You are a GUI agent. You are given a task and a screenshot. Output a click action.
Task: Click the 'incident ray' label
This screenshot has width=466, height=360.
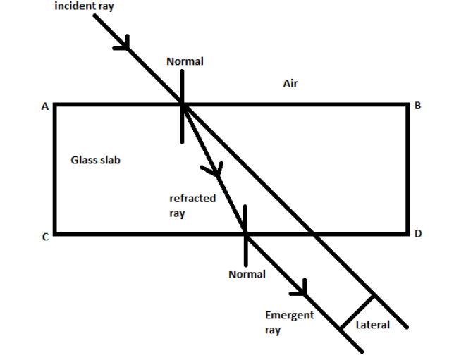(x=84, y=6)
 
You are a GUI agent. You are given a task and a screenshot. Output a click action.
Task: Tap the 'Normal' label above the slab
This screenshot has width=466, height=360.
(x=185, y=61)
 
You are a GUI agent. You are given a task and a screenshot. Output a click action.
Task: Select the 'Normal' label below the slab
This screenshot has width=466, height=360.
(x=247, y=274)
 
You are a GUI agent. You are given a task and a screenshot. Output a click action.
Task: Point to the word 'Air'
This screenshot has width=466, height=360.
(x=290, y=84)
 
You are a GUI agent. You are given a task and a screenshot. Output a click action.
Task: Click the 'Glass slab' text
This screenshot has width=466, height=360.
(x=95, y=160)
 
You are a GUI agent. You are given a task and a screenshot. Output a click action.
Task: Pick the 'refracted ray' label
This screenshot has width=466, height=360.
(x=192, y=206)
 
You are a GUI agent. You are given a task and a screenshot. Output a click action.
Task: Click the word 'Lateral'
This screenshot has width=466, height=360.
(x=372, y=325)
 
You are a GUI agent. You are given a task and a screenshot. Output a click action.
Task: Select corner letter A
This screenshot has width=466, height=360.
(x=44, y=106)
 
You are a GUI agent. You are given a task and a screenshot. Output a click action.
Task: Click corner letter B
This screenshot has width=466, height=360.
(x=417, y=106)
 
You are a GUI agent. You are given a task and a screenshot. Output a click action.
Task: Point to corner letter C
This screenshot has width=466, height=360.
(x=44, y=237)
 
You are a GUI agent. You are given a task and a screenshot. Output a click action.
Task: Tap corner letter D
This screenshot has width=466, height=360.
(x=417, y=234)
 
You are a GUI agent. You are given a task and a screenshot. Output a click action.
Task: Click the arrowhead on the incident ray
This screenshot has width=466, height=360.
(x=124, y=44)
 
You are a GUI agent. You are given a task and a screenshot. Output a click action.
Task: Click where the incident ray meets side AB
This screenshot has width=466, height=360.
(x=182, y=105)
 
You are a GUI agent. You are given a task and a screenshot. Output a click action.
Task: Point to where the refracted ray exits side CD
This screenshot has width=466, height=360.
(x=245, y=233)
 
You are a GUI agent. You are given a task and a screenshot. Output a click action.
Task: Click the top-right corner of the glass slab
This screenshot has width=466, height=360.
(x=407, y=105)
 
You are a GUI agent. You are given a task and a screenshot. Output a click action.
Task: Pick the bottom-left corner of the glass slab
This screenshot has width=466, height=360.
(x=55, y=233)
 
